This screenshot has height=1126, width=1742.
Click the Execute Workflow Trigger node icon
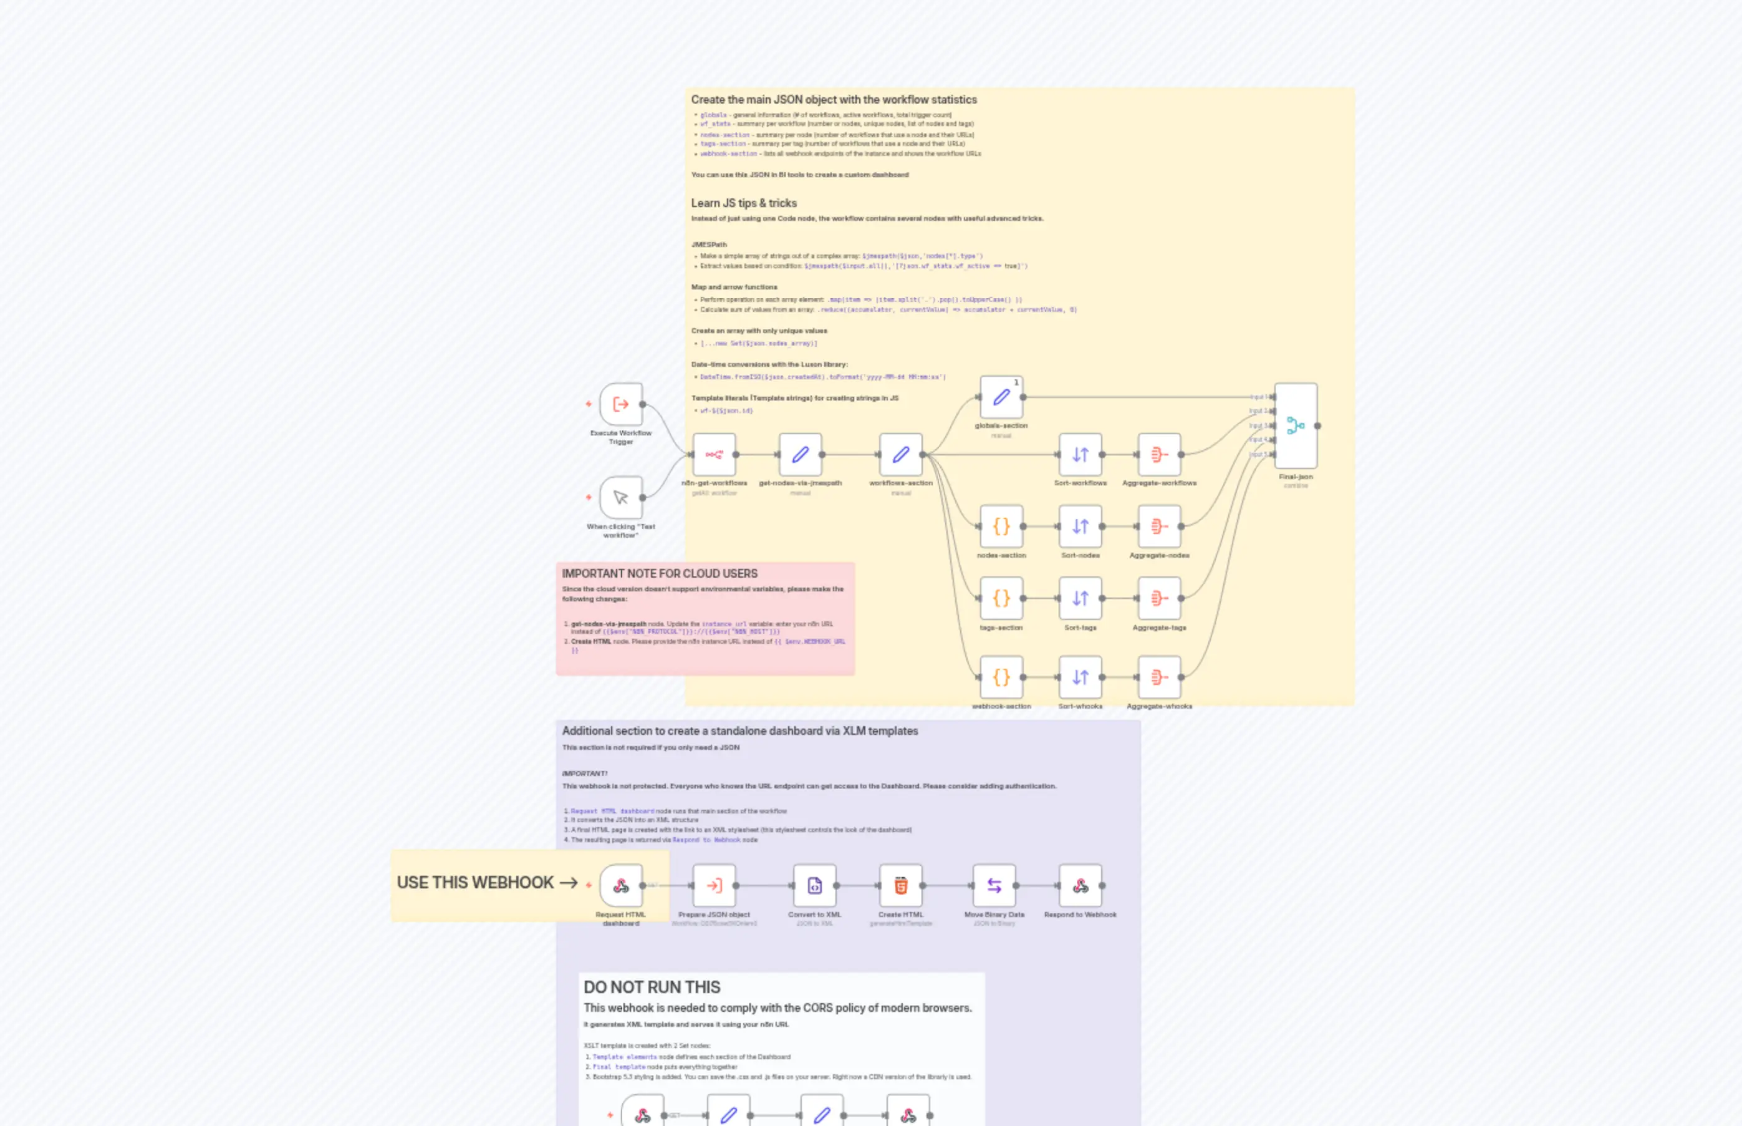click(620, 404)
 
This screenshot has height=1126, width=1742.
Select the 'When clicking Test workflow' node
click(620, 498)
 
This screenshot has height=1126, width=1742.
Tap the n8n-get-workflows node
click(714, 455)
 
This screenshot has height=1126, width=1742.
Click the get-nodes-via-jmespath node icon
click(800, 455)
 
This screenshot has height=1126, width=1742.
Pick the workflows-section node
click(900, 455)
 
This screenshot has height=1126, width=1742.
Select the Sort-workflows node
click(1080, 455)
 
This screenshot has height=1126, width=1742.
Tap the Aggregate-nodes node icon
click(1159, 527)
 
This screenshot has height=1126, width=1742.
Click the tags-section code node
click(1001, 598)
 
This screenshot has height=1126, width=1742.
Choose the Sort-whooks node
click(1080, 677)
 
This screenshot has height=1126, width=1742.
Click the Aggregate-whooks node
click(1159, 677)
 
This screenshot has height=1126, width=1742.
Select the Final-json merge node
click(1296, 425)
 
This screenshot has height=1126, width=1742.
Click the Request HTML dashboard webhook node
click(620, 885)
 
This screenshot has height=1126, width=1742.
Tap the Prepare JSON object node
click(714, 885)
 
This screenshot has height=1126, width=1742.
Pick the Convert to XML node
click(814, 885)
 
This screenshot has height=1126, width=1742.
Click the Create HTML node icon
click(900, 885)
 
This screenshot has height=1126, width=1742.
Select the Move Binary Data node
click(994, 885)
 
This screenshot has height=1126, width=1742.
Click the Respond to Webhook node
click(1080, 885)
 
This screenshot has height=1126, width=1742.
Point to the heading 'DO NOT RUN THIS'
click(652, 987)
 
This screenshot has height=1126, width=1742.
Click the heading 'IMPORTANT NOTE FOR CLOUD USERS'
click(659, 574)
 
